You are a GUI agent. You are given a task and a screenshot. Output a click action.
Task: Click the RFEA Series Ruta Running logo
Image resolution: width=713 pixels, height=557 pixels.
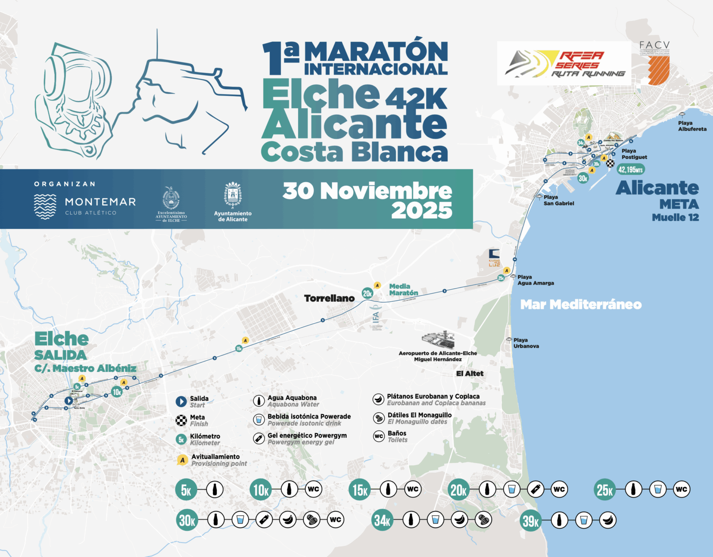564,64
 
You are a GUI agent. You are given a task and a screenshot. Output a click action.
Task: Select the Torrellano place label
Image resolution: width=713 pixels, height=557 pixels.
329,298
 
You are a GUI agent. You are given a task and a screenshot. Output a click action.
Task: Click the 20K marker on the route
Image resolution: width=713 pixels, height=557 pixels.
367,293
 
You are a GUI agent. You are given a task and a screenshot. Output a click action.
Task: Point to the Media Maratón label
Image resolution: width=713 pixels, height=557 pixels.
403,290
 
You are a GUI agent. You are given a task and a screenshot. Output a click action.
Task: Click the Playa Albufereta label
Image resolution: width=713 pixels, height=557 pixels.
692,126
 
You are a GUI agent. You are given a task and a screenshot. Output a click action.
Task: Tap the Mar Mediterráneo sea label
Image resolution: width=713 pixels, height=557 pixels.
581,304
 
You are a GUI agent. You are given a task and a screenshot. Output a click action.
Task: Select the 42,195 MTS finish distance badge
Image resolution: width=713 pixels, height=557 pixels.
630,169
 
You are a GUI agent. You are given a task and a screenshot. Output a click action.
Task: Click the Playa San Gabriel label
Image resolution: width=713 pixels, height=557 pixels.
558,200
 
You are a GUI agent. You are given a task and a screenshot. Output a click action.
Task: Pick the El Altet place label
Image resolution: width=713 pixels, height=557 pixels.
470,373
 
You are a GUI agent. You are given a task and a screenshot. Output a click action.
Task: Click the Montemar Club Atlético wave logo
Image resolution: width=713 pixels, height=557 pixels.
45,206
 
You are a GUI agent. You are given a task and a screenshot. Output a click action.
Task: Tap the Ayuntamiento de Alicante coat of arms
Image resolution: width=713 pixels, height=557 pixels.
233,194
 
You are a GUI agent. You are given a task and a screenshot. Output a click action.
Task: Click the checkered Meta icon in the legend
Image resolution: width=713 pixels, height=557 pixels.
181,421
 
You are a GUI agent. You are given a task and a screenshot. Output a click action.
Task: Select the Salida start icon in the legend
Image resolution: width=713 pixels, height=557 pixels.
181,402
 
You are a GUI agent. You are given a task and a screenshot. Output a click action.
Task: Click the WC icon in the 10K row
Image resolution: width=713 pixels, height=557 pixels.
313,489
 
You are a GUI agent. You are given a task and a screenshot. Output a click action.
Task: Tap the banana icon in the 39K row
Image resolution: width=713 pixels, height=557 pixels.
608,520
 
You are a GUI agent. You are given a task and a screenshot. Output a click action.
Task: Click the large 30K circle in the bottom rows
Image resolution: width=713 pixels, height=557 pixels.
187,520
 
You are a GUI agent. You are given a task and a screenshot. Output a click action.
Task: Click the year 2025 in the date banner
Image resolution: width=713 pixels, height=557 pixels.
421,211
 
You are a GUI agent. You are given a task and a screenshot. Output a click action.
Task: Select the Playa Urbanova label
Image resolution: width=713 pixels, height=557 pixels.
525,343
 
